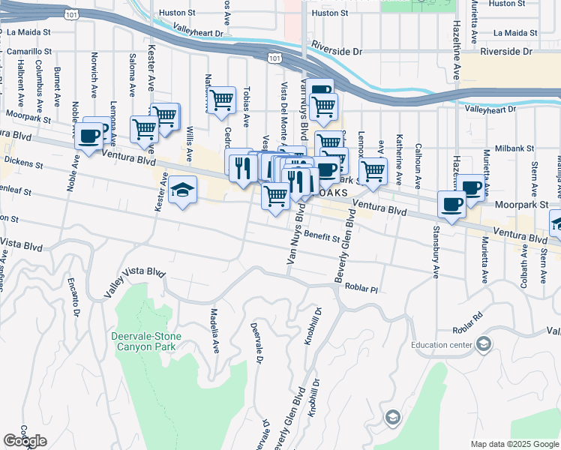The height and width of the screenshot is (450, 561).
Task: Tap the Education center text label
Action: tap(441, 345)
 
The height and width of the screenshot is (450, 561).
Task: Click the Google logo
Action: tap(25, 441)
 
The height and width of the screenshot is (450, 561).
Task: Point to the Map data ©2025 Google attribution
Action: tap(514, 444)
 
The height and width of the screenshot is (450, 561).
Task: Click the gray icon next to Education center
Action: tap(484, 344)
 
